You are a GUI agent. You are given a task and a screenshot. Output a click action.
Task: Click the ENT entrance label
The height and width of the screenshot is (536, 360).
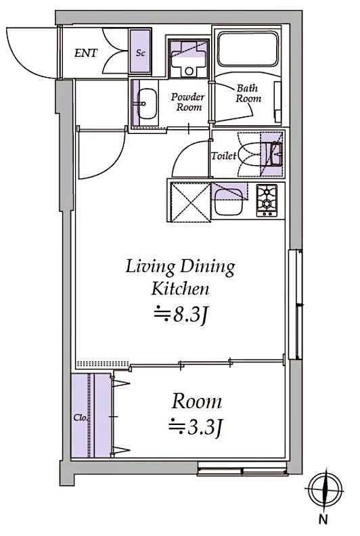(86, 53)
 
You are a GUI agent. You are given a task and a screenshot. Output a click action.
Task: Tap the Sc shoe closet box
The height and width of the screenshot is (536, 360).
(140, 53)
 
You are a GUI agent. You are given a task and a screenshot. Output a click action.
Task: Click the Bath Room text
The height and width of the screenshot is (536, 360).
(248, 93)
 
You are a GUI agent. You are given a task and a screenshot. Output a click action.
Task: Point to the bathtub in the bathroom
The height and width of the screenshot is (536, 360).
(247, 49)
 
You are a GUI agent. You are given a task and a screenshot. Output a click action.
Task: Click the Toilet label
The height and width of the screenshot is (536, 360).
(223, 156)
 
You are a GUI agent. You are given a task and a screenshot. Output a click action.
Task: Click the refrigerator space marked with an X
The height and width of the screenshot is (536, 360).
(188, 200)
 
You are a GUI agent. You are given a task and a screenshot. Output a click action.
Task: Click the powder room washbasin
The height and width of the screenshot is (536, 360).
(144, 104)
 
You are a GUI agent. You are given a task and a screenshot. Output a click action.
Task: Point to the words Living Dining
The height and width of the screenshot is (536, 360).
(180, 267)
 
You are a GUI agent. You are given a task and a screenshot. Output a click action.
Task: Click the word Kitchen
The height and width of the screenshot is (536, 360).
(179, 290)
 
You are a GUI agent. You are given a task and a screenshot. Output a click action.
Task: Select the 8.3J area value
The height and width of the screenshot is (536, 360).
(179, 314)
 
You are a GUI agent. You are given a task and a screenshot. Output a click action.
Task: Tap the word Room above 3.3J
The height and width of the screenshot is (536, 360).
(196, 401)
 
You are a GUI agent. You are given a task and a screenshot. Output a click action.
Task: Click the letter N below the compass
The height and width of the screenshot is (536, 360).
(323, 520)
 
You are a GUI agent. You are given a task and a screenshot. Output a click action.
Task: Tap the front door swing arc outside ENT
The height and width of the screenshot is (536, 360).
(30, 51)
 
